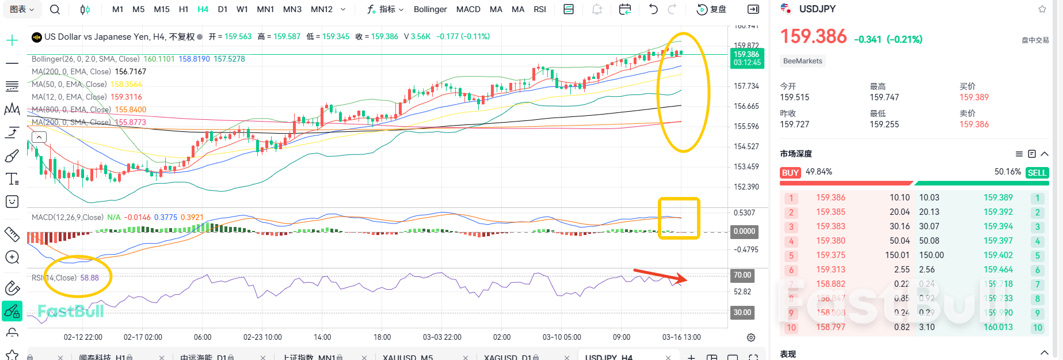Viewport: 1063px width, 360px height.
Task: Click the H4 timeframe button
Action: click(203, 9)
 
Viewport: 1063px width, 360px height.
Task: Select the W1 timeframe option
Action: click(242, 9)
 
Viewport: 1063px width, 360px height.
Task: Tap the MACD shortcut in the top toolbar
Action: click(468, 9)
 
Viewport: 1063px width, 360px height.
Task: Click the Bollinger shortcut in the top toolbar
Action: click(430, 9)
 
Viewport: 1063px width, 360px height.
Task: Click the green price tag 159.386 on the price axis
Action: click(747, 58)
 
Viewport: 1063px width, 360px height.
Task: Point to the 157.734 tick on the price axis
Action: click(746, 86)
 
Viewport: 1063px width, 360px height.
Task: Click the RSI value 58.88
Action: click(89, 278)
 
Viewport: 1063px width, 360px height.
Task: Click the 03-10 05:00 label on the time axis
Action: click(562, 337)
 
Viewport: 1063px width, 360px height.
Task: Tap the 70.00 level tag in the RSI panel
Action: click(742, 275)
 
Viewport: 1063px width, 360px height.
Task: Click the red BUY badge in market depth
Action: click(790, 173)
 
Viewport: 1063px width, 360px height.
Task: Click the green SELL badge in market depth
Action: click(1037, 173)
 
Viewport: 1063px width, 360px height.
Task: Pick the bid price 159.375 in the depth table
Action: click(830, 255)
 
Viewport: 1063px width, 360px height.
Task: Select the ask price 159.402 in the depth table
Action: click(998, 255)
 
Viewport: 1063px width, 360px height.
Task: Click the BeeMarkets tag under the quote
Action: click(803, 61)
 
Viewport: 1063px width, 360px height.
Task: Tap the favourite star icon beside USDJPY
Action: click(1042, 9)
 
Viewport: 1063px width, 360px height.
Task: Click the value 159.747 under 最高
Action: click(884, 97)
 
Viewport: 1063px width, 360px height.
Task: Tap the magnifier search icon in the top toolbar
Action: click(55, 9)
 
